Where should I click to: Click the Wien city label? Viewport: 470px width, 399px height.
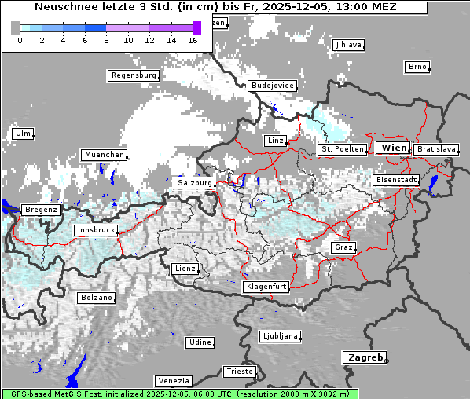(394, 148)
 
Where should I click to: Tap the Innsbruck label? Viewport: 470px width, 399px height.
(96, 230)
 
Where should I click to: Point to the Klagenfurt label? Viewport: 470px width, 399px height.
(266, 287)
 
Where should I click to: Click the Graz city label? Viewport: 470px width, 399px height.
(343, 247)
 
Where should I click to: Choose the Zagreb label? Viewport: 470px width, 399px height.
(365, 357)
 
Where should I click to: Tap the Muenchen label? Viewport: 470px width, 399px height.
(104, 155)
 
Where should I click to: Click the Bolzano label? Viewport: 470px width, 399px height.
(97, 298)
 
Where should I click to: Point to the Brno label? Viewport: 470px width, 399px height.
(417, 67)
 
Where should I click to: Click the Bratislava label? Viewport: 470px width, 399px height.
(436, 148)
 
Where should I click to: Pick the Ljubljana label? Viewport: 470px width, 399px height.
(280, 336)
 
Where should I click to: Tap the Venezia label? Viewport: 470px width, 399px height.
(172, 380)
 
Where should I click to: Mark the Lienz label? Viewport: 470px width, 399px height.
(185, 269)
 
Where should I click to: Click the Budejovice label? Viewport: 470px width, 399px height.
(272, 85)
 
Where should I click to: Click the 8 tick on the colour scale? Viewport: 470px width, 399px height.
(106, 39)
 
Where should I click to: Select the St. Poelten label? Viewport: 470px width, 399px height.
(342, 148)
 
